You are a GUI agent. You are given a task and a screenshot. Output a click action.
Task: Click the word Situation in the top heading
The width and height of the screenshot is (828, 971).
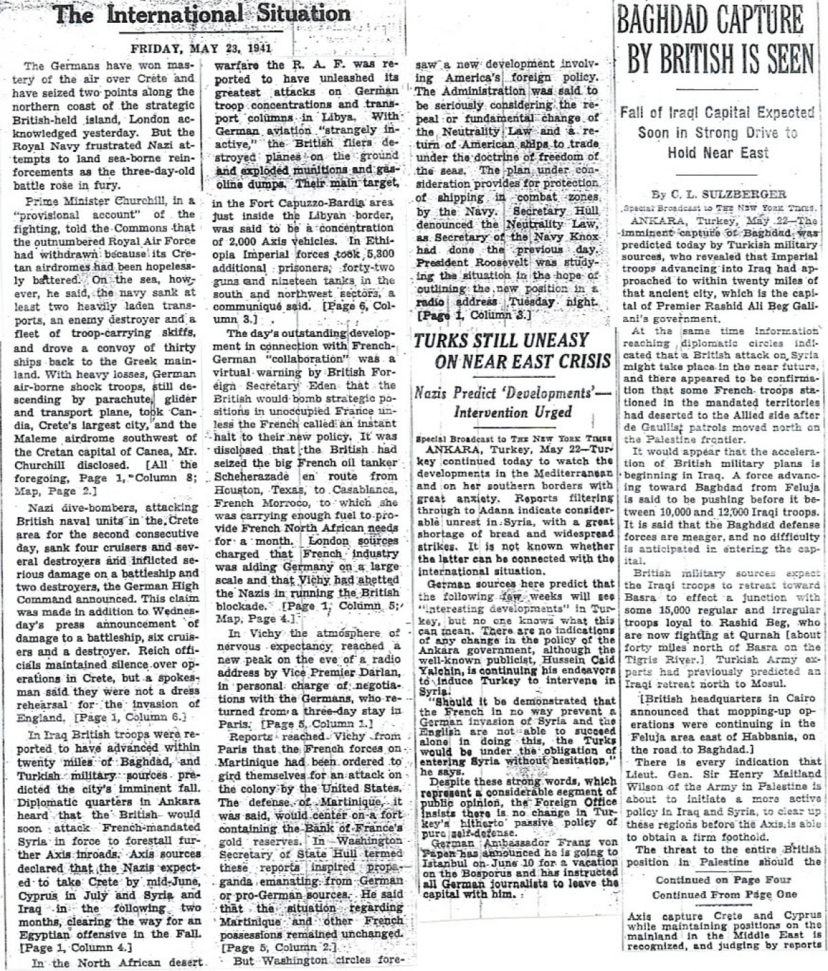pos(297,15)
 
